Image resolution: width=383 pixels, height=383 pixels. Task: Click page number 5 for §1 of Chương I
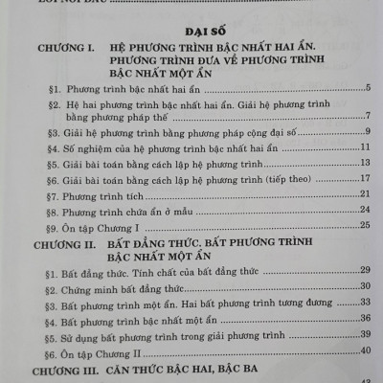click(x=368, y=90)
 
